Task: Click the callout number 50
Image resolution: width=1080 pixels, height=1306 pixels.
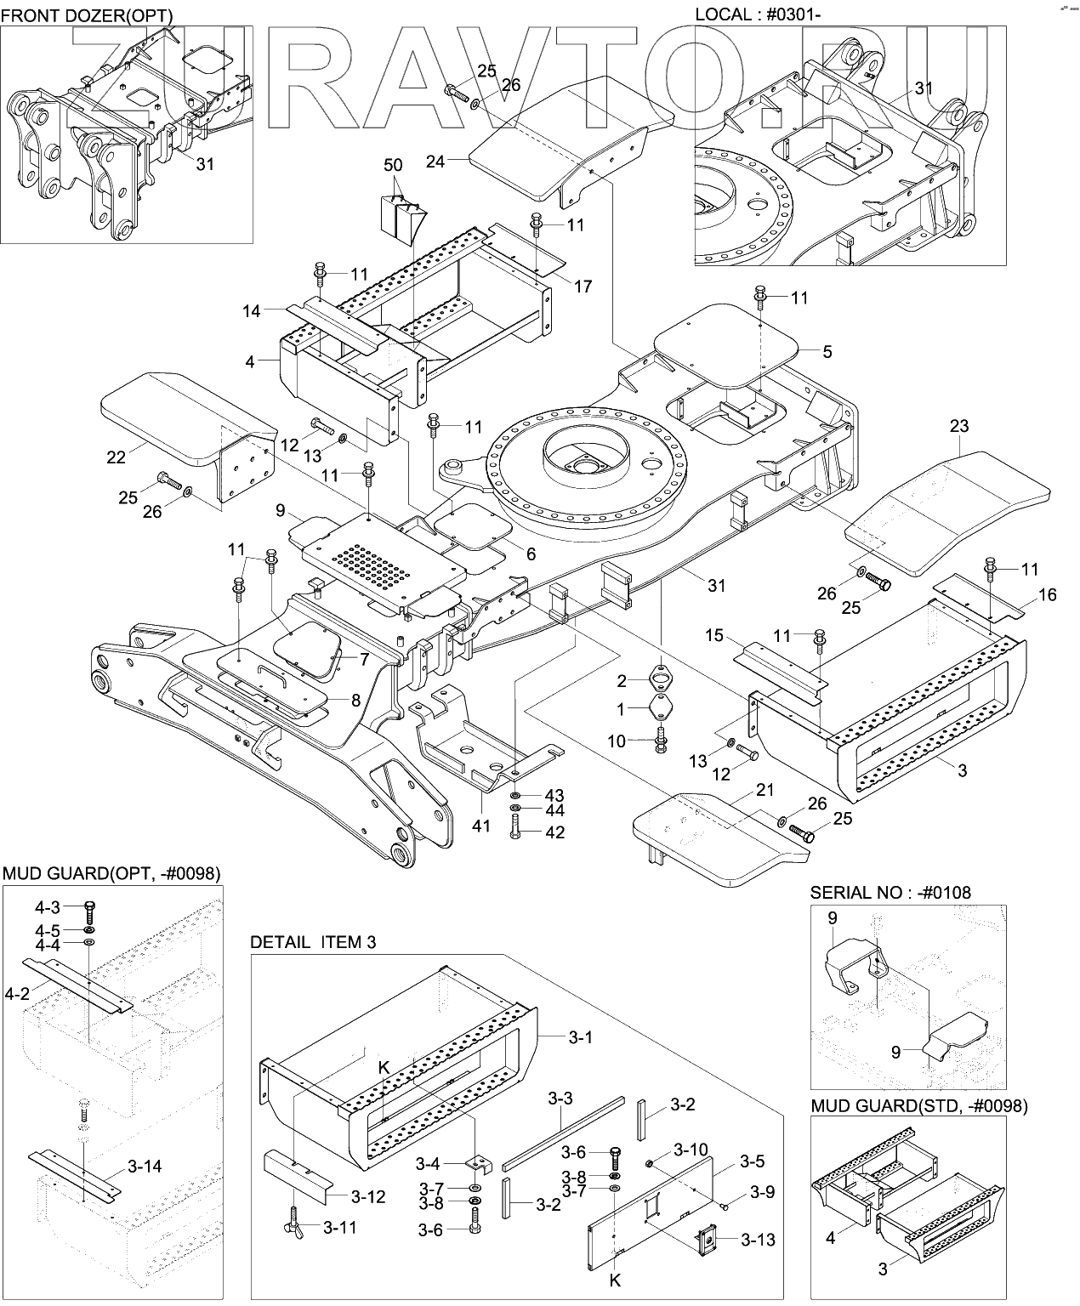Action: click(392, 165)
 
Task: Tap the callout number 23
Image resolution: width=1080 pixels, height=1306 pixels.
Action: click(959, 426)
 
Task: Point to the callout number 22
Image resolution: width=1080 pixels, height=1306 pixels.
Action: click(116, 457)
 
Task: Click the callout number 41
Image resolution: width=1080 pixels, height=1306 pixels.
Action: click(481, 826)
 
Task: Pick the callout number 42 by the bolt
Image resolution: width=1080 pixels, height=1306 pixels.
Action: click(554, 832)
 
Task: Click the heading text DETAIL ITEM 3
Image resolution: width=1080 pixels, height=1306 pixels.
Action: click(312, 942)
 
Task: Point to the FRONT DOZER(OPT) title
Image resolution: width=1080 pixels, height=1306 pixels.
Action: click(87, 15)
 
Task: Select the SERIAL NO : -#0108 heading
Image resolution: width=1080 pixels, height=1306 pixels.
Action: click(890, 893)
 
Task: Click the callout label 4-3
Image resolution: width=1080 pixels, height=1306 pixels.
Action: click(48, 907)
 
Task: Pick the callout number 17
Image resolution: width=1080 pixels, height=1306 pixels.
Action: click(583, 287)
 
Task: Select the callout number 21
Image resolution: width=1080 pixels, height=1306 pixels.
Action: click(765, 790)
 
